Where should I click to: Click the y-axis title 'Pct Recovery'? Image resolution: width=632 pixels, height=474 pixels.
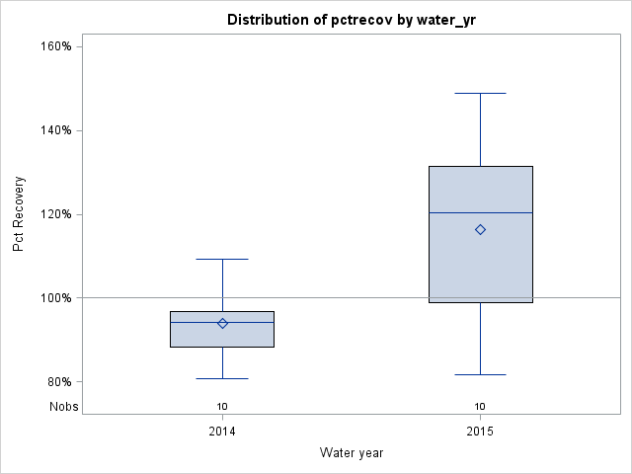click(x=19, y=214)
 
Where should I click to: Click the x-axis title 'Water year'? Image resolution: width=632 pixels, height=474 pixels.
click(x=352, y=452)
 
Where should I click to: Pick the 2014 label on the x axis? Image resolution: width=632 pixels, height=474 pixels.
click(x=222, y=432)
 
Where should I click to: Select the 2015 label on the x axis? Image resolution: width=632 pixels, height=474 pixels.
click(x=480, y=432)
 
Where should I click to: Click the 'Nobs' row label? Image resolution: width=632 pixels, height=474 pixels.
click(x=63, y=406)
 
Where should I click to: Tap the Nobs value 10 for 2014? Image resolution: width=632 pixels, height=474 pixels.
click(x=222, y=406)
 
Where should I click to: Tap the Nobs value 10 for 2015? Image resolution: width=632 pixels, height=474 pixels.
click(x=480, y=406)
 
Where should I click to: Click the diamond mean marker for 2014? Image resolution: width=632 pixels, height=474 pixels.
click(x=222, y=323)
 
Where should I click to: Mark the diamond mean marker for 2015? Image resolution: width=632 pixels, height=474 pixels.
click(x=480, y=229)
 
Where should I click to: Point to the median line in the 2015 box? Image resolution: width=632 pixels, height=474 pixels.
click(x=480, y=212)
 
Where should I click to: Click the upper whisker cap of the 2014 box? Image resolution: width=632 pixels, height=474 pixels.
click(x=222, y=259)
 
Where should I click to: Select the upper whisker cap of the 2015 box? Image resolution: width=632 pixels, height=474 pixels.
click(x=480, y=93)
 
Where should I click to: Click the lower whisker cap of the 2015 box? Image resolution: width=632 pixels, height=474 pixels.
click(x=480, y=374)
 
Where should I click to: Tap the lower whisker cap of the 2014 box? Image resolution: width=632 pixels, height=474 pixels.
click(x=222, y=378)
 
